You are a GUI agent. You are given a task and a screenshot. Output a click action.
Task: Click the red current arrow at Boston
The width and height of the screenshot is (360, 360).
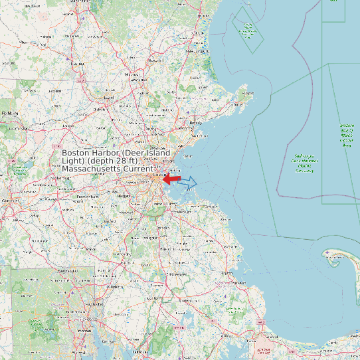(171, 179)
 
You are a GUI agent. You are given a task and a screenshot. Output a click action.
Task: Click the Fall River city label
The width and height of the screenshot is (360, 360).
(139, 351)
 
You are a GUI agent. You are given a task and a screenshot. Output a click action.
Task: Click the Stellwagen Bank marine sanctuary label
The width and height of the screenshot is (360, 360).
(304, 163)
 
